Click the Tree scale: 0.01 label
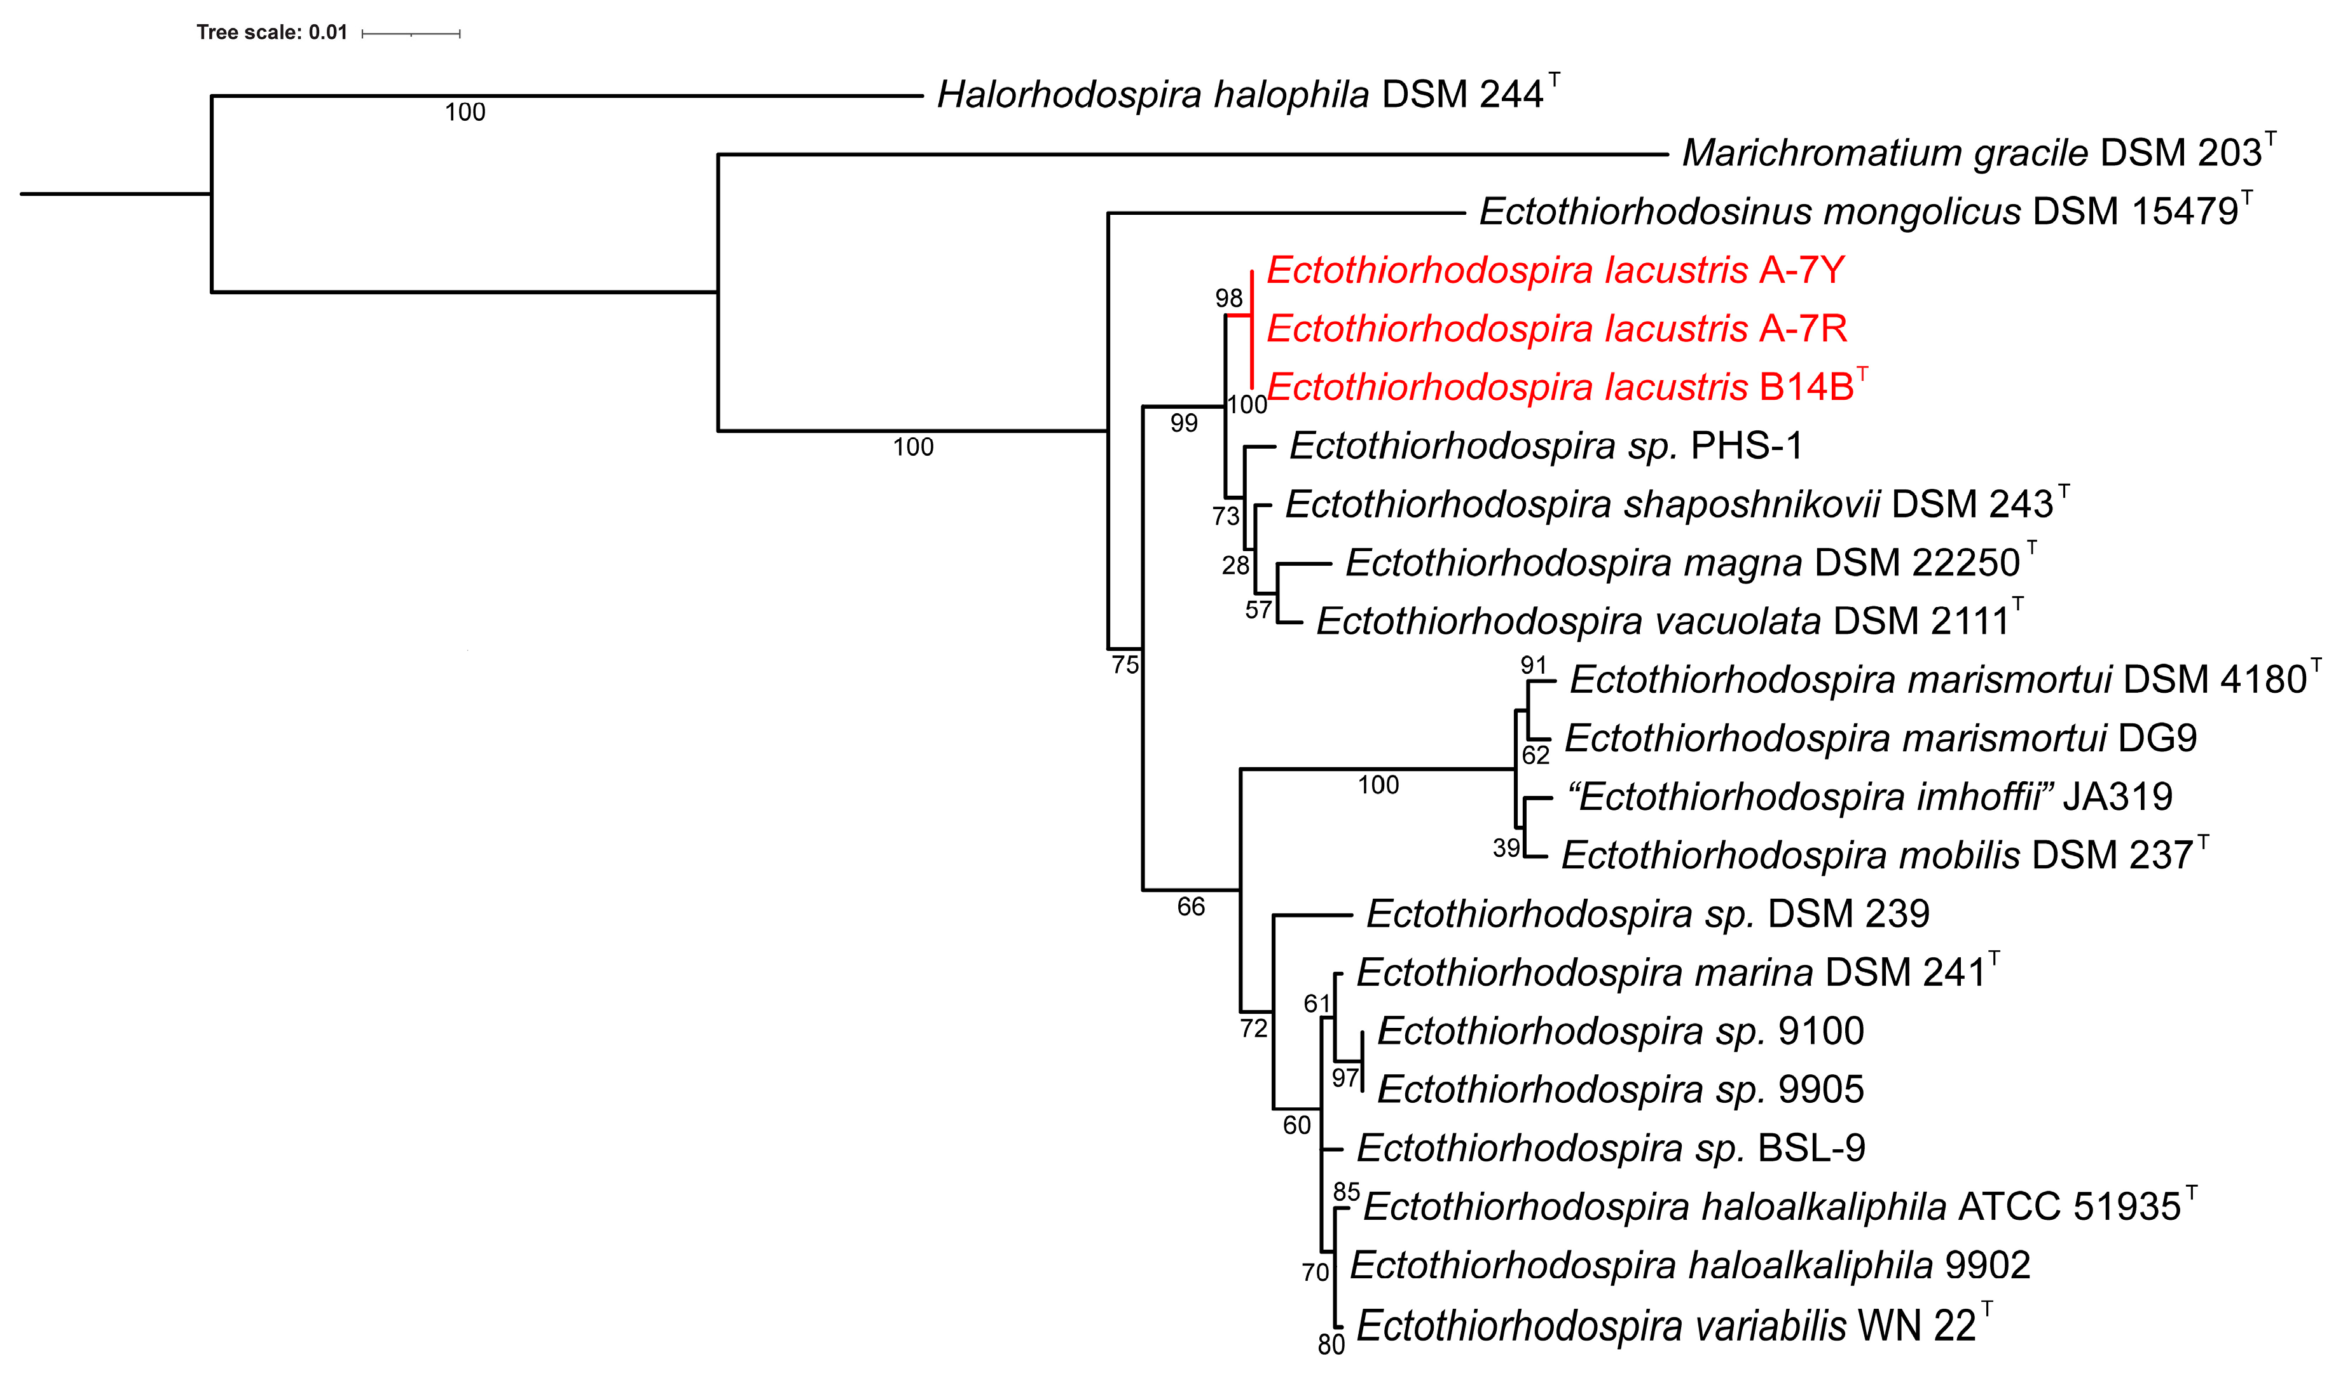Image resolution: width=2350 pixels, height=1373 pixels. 271,32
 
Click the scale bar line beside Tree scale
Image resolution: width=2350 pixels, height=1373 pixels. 410,34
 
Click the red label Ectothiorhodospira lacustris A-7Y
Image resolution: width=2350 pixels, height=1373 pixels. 1555,270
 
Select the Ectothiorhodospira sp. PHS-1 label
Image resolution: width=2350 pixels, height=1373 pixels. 1545,446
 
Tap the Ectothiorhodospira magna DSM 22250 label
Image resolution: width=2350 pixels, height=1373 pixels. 1682,564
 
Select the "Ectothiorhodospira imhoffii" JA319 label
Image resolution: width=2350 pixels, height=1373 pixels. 1871,798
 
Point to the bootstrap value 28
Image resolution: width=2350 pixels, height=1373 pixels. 1235,566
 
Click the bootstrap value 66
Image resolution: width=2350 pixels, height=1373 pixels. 1191,907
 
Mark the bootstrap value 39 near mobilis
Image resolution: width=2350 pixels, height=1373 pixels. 1506,848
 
